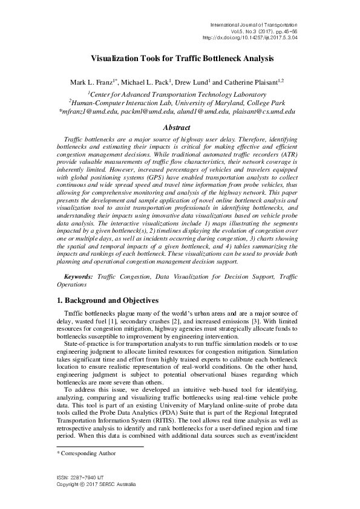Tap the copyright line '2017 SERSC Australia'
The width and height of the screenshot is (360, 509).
click(x=104, y=485)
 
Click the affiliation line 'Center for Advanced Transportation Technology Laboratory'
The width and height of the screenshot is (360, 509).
click(x=177, y=94)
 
